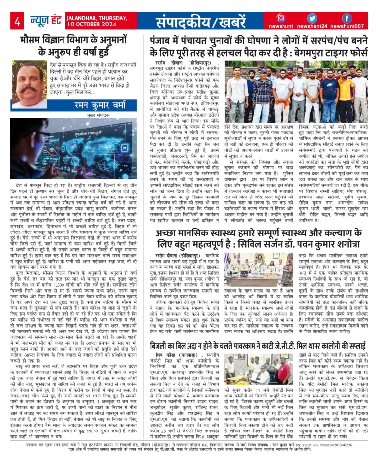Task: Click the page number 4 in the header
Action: (x=18, y=21)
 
